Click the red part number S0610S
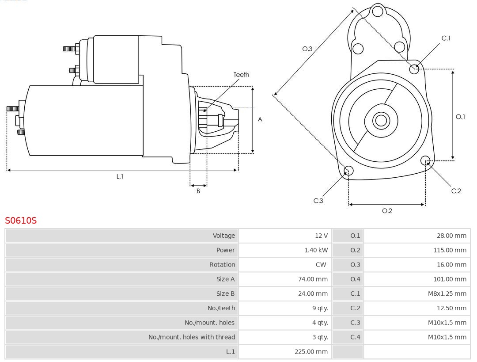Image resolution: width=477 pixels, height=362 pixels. [x=21, y=220]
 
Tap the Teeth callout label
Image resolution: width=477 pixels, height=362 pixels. [x=241, y=75]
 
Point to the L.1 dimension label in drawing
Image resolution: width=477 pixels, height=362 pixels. [x=120, y=176]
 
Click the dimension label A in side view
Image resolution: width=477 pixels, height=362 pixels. [x=260, y=119]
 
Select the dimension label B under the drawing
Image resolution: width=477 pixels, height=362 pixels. [x=198, y=191]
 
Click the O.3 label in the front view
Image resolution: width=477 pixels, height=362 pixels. [x=307, y=49]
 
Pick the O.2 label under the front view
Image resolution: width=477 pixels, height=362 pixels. [x=387, y=211]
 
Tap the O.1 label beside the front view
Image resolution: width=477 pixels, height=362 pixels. [x=460, y=117]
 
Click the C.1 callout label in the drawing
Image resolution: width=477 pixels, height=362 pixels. [x=446, y=38]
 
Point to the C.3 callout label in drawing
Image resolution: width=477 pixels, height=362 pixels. [x=318, y=201]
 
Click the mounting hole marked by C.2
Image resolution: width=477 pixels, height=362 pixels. [x=425, y=160]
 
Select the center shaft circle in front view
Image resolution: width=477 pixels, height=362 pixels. [x=380, y=120]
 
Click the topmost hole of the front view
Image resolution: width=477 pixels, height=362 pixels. [x=377, y=11]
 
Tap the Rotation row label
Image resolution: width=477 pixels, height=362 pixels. [x=222, y=265]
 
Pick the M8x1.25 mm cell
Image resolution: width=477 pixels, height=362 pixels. [x=447, y=293]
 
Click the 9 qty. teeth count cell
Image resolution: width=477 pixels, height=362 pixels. [x=320, y=308]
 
